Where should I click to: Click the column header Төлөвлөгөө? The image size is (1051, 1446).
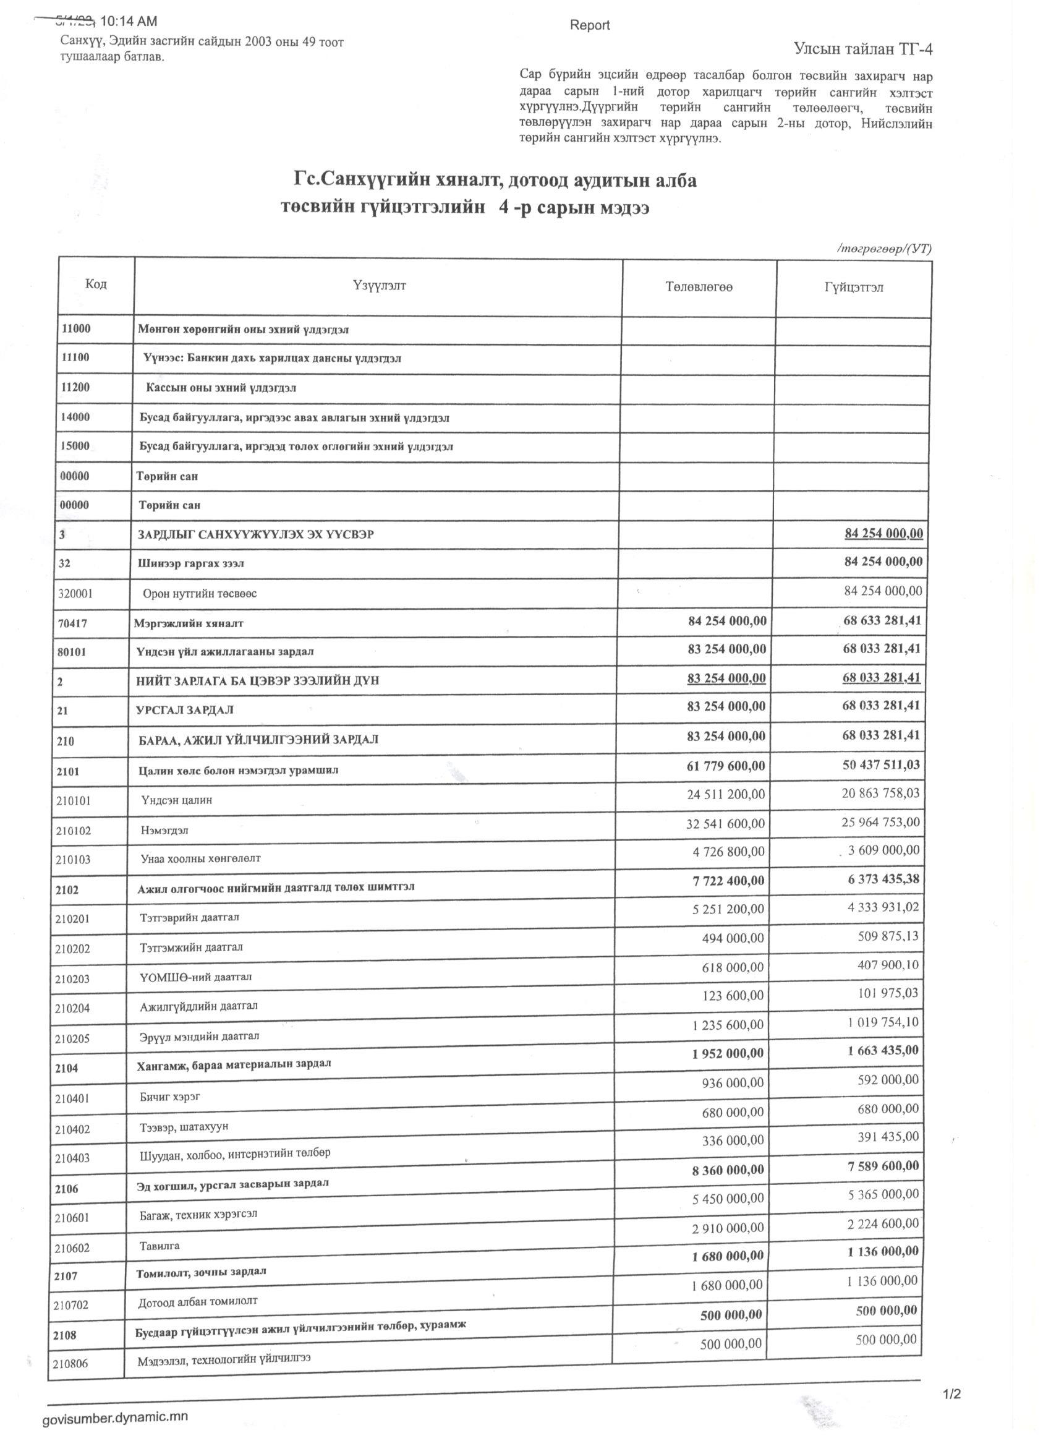pyautogui.click(x=699, y=287)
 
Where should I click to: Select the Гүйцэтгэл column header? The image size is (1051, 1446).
pyautogui.click(x=853, y=288)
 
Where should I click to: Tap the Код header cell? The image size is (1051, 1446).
pyautogui.click(x=96, y=284)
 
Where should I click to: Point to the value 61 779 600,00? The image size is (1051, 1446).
pyautogui.click(x=725, y=765)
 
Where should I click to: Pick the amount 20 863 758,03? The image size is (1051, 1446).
pyautogui.click(x=881, y=793)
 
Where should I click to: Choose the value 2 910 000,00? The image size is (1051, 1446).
pyautogui.click(x=727, y=1227)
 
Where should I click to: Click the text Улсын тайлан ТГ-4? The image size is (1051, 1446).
pyautogui.click(x=863, y=48)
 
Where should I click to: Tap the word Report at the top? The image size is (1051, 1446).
pyautogui.click(x=590, y=25)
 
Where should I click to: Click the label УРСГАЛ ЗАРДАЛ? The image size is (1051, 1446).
pyautogui.click(x=177, y=709)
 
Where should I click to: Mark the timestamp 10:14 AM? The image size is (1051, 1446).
pyautogui.click(x=129, y=22)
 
